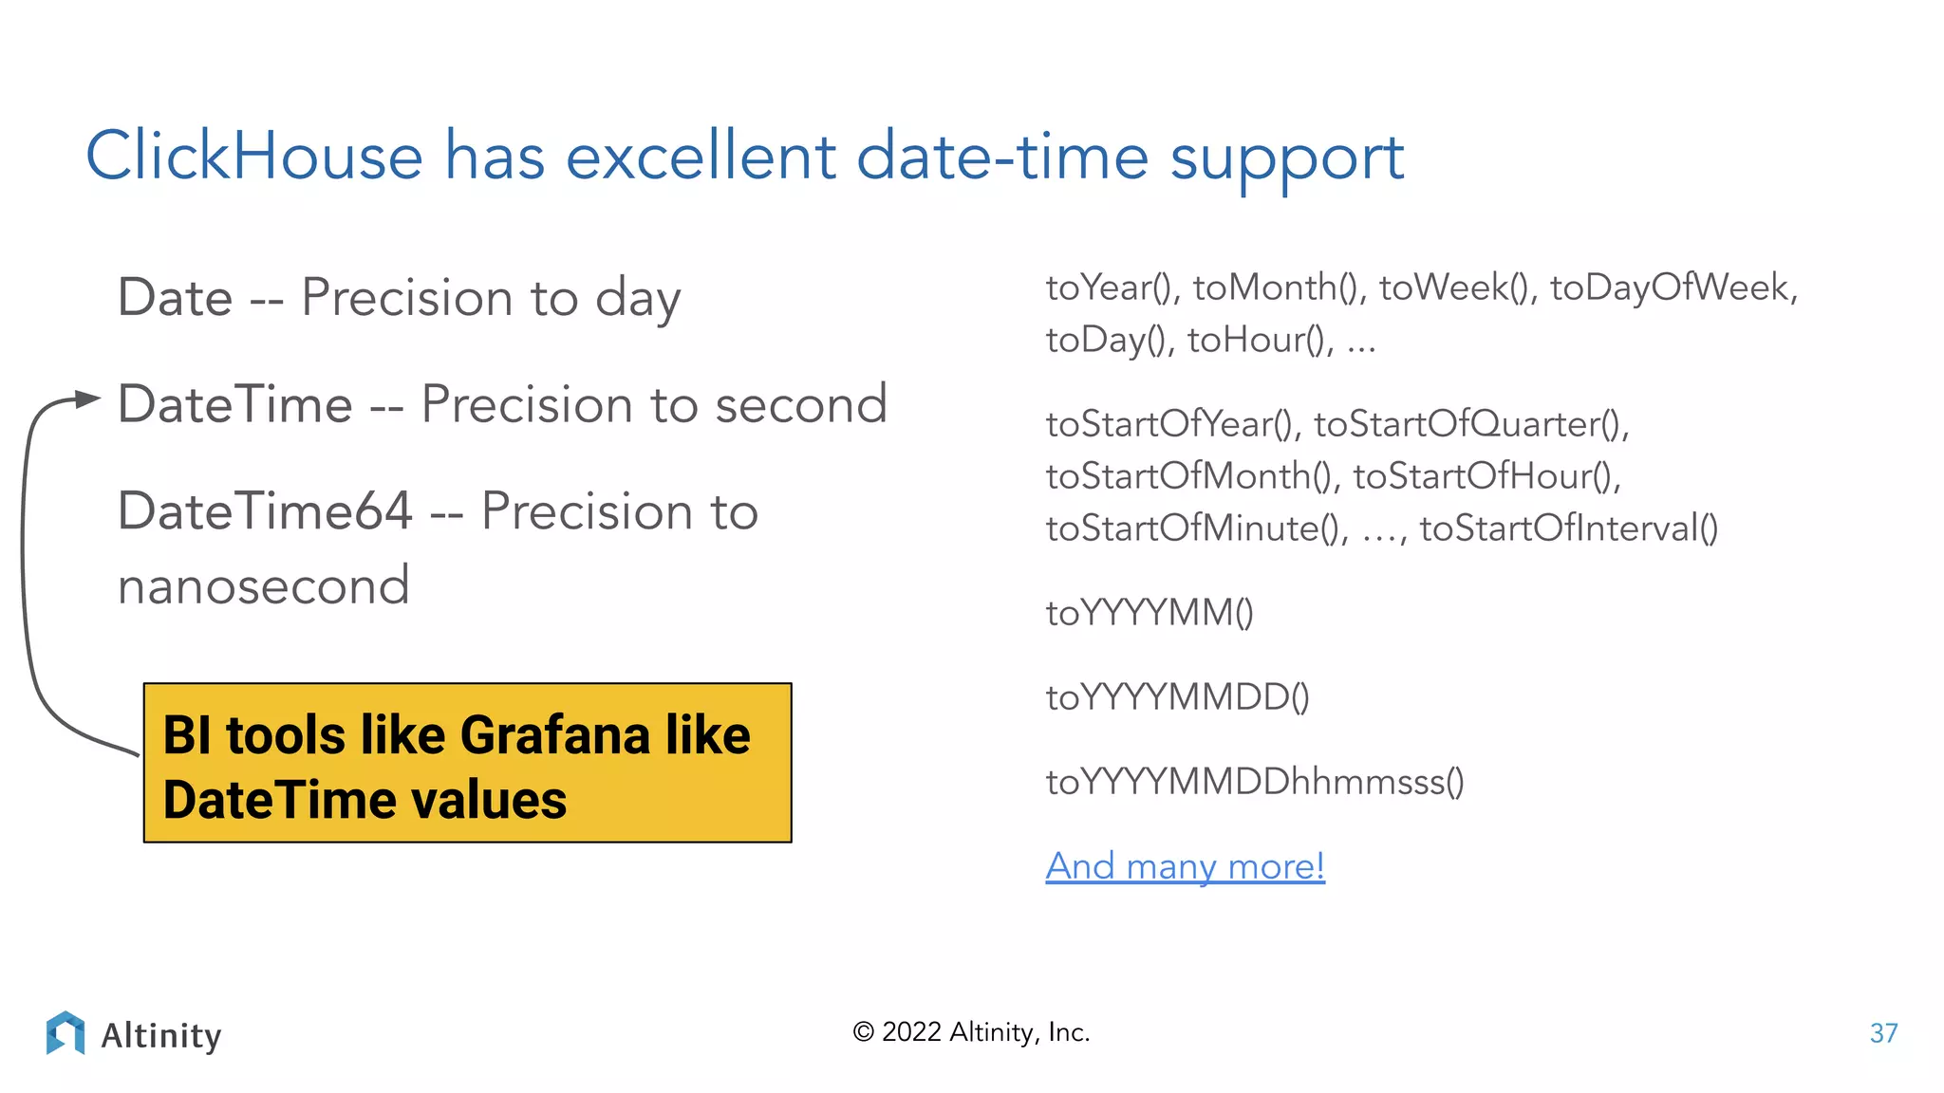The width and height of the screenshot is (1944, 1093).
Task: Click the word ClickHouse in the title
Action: [254, 157]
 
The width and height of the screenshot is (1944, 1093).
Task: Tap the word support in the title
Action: [1286, 159]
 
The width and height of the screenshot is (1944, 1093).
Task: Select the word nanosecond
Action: [264, 586]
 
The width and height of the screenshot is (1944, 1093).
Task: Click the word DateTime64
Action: [265, 511]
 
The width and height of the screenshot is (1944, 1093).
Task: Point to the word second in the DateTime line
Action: [800, 405]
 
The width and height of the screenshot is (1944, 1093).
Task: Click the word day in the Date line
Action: [638, 300]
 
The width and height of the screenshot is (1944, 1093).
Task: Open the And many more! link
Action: [1185, 866]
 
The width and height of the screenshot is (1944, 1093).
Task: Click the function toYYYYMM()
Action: [1150, 613]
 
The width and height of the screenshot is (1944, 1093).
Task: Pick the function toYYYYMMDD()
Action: [1177, 697]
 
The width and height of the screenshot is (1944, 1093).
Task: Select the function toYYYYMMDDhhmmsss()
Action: [1255, 782]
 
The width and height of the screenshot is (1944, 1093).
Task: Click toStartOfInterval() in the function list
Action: [1568, 528]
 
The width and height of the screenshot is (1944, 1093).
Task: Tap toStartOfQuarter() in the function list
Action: [1470, 424]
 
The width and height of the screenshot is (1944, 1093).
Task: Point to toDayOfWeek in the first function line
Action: [1673, 287]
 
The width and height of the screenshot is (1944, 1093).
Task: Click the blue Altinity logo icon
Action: [65, 1032]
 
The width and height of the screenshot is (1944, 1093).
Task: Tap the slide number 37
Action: [1883, 1033]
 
